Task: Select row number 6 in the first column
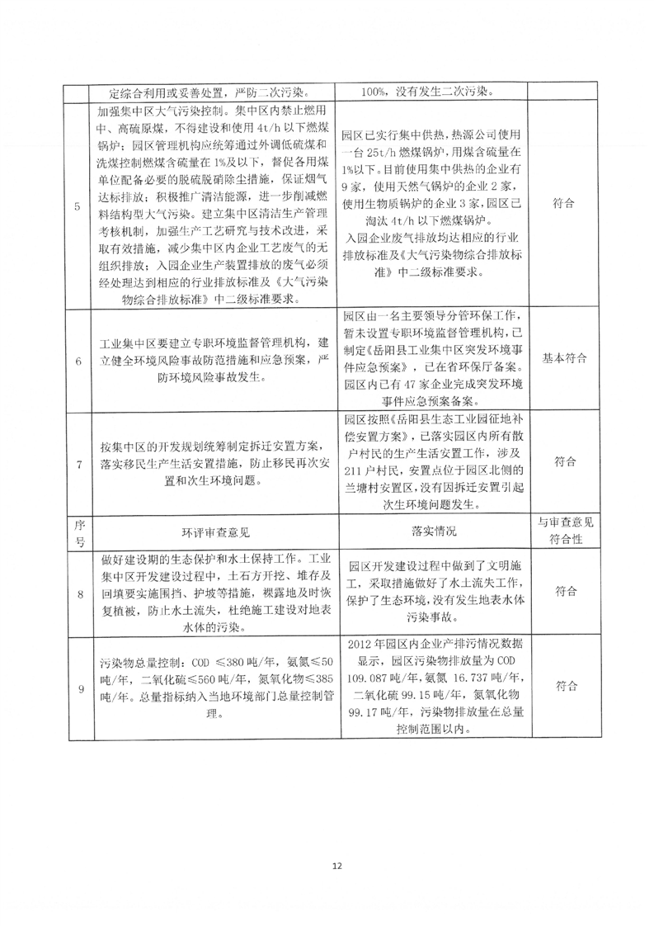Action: [x=77, y=361]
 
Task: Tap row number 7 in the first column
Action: [x=77, y=464]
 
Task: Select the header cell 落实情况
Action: [x=433, y=534]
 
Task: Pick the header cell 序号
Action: [x=77, y=534]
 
